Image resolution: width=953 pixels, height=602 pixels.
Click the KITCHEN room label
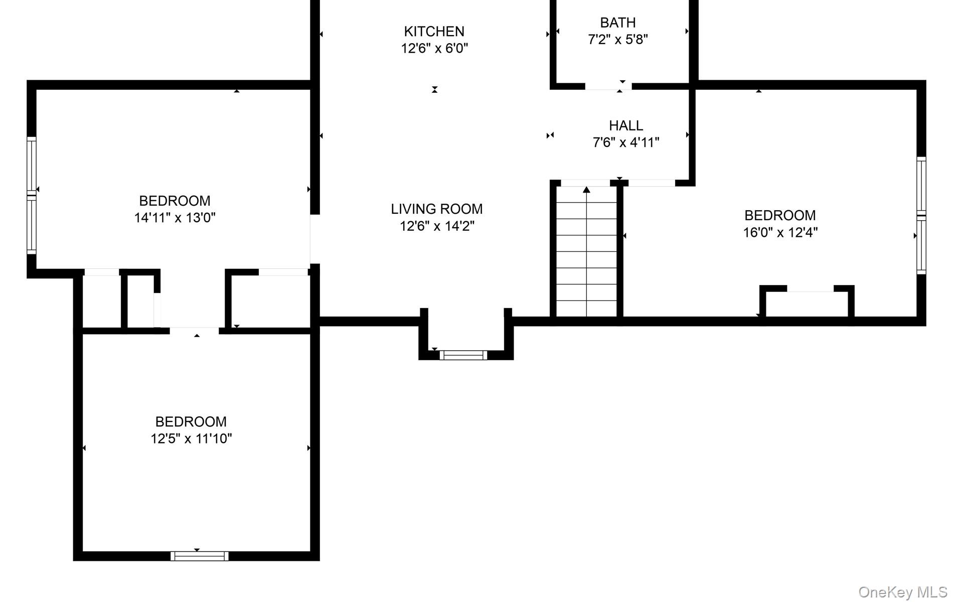pyautogui.click(x=434, y=32)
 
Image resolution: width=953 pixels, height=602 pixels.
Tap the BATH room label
pyautogui.click(x=618, y=23)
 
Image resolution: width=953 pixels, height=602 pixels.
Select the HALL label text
pyautogui.click(x=626, y=125)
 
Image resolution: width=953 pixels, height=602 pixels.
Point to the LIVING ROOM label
pyautogui.click(x=437, y=209)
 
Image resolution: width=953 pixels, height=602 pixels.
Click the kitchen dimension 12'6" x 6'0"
pyautogui.click(x=434, y=49)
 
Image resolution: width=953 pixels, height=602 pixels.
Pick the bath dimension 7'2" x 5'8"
pyautogui.click(x=618, y=40)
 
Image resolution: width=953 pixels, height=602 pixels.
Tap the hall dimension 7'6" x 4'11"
pyautogui.click(x=626, y=142)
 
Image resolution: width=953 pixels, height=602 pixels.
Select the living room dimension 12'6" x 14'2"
pyautogui.click(x=437, y=226)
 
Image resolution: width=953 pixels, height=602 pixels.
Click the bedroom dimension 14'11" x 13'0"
pyautogui.click(x=175, y=218)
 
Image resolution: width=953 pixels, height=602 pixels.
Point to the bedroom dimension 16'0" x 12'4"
pyautogui.click(x=780, y=232)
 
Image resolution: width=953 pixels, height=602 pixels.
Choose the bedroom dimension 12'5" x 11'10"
pyautogui.click(x=191, y=438)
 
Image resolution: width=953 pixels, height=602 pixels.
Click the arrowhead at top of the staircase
pyautogui.click(x=586, y=190)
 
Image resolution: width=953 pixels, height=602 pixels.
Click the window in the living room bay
pyautogui.click(x=463, y=355)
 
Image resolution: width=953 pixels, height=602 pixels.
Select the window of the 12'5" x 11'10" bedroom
pyautogui.click(x=200, y=556)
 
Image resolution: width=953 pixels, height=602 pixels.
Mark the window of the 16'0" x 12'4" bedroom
pyautogui.click(x=921, y=216)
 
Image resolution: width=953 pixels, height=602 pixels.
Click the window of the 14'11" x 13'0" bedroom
pyautogui.click(x=32, y=196)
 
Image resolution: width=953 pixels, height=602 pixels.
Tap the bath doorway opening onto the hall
pyautogui.click(x=608, y=87)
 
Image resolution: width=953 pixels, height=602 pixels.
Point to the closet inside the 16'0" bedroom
pyautogui.click(x=807, y=302)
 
